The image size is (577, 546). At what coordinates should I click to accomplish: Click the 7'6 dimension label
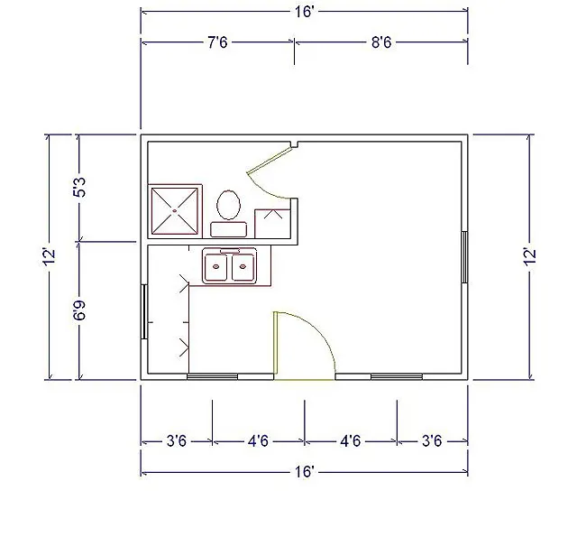coord(217,42)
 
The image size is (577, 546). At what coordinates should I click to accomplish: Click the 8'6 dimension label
coord(381,42)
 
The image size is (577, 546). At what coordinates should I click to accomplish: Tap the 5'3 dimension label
coord(80,187)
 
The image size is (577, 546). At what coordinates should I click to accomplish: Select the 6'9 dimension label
coord(80,310)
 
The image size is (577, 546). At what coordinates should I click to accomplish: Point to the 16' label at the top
coord(305,12)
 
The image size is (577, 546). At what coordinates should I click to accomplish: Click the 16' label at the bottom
coord(305,472)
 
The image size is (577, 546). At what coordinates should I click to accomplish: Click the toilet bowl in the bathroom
coord(228,205)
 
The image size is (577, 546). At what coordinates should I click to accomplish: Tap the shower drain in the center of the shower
coord(175,211)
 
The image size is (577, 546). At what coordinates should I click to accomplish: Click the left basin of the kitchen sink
coord(216,267)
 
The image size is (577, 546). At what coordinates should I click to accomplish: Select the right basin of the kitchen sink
coord(243,267)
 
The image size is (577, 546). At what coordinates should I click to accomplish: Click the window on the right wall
coord(465,257)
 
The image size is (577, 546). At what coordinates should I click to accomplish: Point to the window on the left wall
coord(144,311)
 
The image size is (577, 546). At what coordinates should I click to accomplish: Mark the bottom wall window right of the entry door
coord(397,376)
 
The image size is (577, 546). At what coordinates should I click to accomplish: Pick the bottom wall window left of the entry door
coord(212,376)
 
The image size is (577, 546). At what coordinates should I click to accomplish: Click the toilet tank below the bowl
coord(228,229)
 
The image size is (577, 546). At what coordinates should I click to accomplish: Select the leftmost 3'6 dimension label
coord(177,440)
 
